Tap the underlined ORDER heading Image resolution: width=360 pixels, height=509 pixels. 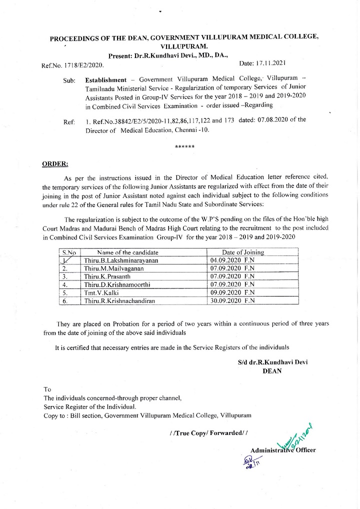tap(55, 163)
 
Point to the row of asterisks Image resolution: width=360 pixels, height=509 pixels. tap(185, 146)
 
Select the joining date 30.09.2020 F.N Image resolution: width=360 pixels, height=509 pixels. tap(232, 300)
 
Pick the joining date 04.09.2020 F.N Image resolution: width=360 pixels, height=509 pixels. tap(232, 260)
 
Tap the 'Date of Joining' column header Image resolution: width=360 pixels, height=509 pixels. tap(243, 252)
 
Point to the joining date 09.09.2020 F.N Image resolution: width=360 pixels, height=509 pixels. tap(232, 292)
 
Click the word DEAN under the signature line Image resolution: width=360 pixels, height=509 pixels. tap(272, 370)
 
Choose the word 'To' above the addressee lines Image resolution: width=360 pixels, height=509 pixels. tap(47, 389)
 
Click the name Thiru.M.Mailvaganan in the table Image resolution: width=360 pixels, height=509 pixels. tap(114, 268)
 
